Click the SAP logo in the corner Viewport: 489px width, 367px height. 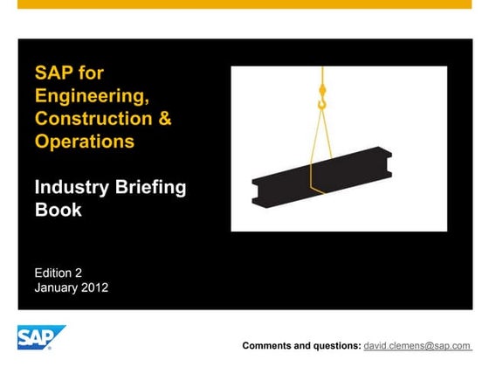coord(41,337)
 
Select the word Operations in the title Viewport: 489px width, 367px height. coord(84,142)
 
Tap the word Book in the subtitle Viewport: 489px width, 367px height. coord(58,210)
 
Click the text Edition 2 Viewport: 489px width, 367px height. coord(59,272)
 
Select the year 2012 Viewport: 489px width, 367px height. coord(93,287)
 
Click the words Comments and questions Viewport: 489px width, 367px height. coord(302,346)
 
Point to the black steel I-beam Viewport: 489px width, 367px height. coord(321,177)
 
